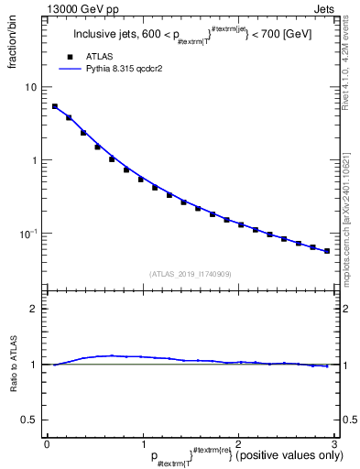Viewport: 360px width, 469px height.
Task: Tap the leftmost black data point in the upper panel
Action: click(x=54, y=106)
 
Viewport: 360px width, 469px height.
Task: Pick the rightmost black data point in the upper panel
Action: click(x=327, y=251)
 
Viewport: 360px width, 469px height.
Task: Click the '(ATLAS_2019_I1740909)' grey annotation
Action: click(x=190, y=274)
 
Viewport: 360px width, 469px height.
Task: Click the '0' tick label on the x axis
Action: click(x=47, y=443)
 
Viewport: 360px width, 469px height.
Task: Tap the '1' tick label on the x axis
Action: click(x=143, y=443)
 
